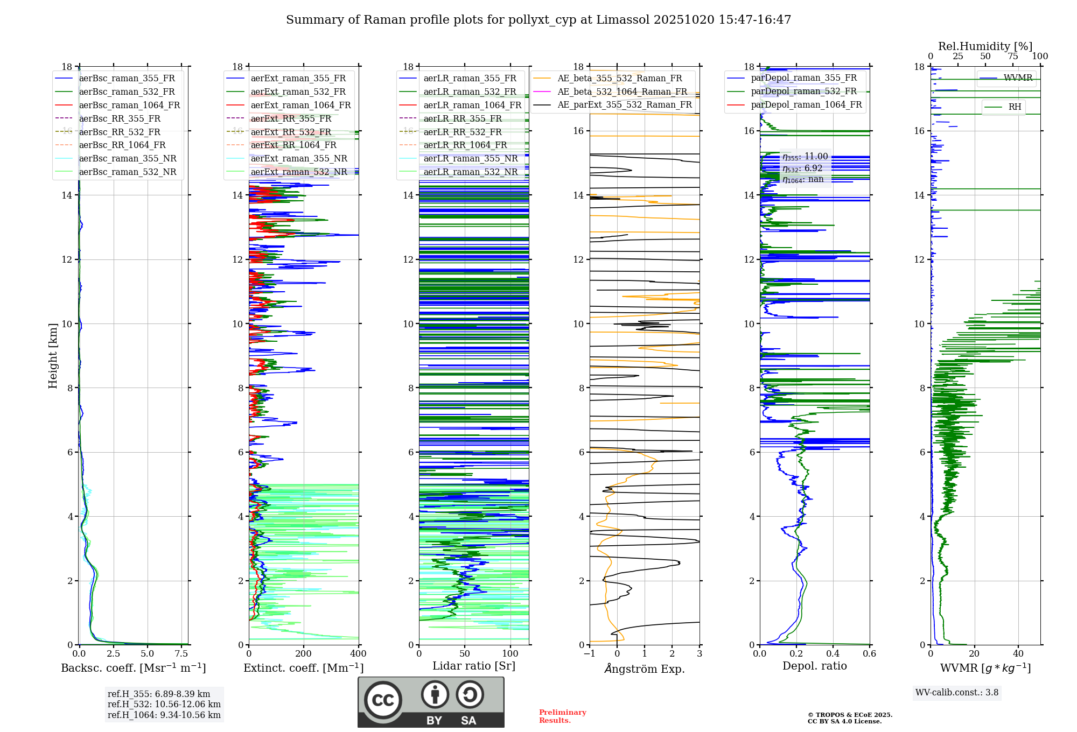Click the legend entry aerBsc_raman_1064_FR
(129, 105)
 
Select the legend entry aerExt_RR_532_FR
(291, 132)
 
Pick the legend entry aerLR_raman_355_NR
(470, 158)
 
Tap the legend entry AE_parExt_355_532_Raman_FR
(624, 104)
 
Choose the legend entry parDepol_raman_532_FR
(803, 91)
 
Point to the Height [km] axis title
(53, 355)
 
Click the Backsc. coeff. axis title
(133, 668)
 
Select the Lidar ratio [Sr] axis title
(474, 666)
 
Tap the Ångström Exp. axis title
(645, 668)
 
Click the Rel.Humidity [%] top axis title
(985, 46)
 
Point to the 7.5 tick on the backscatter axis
(181, 654)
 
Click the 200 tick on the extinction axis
(304, 654)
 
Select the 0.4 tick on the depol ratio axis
(833, 654)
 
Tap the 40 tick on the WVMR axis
(1018, 654)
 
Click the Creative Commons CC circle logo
(383, 700)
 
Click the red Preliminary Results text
(562, 716)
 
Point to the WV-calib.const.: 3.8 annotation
(957, 693)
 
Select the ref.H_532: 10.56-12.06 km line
(164, 705)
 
